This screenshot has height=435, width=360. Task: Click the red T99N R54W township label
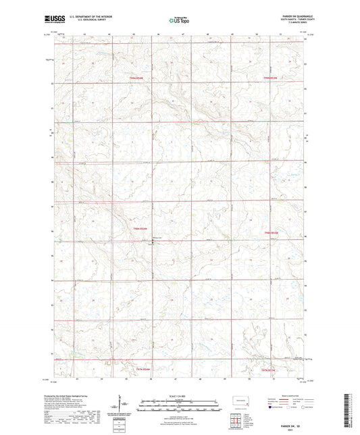point(136,78)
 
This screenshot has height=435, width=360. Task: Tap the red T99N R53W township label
point(271,78)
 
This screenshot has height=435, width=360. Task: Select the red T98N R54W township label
point(136,230)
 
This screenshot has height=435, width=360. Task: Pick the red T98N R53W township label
point(270,230)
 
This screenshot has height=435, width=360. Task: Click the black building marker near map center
point(152,244)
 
